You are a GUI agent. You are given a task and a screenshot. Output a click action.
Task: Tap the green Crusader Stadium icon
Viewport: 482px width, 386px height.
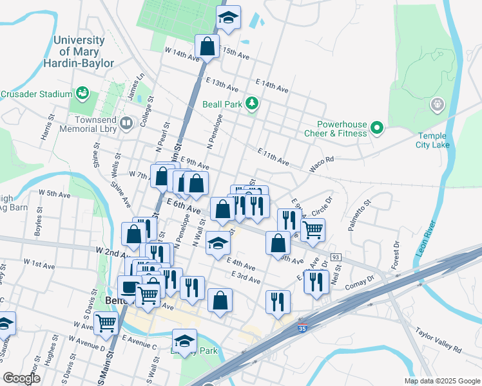(82, 94)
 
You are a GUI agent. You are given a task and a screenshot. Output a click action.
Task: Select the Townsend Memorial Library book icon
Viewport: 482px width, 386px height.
(126, 122)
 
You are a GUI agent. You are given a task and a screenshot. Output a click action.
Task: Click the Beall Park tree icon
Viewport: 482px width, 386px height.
(253, 104)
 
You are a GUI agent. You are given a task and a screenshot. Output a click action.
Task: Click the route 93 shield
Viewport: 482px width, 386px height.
(336, 257)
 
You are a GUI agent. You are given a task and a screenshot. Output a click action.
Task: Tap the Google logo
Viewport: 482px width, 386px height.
(21, 378)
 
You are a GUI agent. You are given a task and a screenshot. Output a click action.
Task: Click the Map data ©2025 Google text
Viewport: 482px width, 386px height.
(441, 380)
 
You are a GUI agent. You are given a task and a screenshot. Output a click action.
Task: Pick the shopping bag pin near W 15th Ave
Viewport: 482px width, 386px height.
(207, 47)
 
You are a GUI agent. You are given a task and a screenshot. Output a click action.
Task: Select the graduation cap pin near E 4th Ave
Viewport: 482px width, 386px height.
(218, 244)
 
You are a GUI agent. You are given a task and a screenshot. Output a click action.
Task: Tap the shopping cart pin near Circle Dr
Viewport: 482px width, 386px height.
(313, 229)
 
